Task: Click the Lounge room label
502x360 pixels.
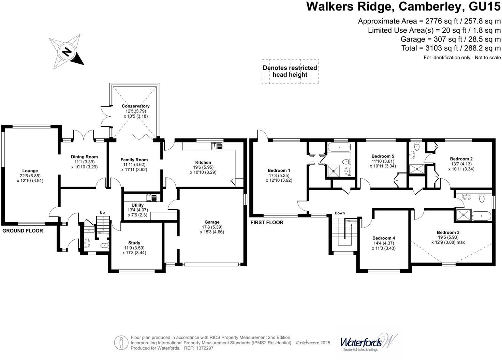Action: [x=30, y=171]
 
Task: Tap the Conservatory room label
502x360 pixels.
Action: [x=136, y=106]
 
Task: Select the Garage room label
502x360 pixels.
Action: [x=212, y=222]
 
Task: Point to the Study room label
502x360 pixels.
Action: [x=134, y=243]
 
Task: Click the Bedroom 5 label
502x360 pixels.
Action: [x=383, y=156]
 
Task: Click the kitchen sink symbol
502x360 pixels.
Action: [x=217, y=146]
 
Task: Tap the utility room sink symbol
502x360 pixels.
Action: [x=151, y=197]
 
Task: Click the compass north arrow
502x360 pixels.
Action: [x=67, y=52]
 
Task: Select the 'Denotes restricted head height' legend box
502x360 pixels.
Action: [x=290, y=71]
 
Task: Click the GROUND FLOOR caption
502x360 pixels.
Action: [x=23, y=231]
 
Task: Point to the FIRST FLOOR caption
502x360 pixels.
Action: [x=267, y=222]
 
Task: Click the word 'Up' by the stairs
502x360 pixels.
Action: [x=102, y=212]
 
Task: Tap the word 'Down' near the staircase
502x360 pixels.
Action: [x=340, y=213]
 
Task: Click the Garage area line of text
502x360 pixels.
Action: [x=450, y=39]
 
